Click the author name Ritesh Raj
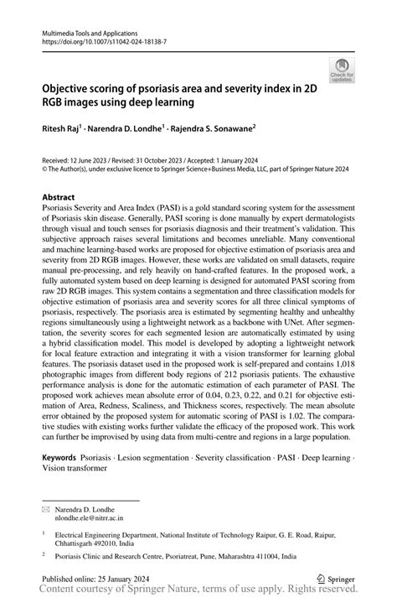tap(61, 130)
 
